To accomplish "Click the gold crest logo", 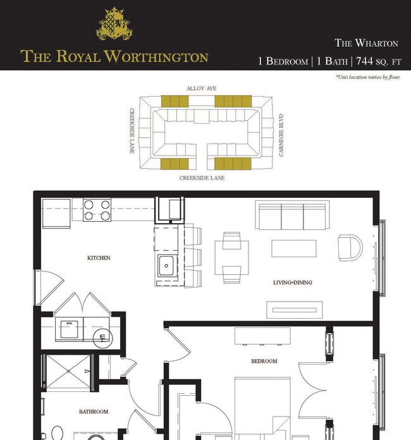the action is click(114, 23).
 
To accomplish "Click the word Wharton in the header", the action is click(377, 43).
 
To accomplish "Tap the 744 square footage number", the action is click(364, 61).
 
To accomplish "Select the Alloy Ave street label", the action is click(202, 89).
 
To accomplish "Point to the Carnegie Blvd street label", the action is click(281, 135).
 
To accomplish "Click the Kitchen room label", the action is click(99, 257).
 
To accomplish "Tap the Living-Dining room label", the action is click(293, 283).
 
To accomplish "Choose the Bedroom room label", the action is click(264, 361).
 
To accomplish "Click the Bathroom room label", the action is click(94, 412).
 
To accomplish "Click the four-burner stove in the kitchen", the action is click(97, 210).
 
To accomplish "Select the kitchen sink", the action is click(168, 266).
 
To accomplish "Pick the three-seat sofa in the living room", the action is click(292, 215).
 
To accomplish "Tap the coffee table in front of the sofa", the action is click(294, 248).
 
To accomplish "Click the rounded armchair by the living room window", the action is click(350, 248).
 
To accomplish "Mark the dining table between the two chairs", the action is click(231, 257).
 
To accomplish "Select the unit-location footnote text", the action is click(368, 77).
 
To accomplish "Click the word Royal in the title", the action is click(78, 56).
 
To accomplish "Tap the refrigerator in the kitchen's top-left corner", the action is click(56, 213).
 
